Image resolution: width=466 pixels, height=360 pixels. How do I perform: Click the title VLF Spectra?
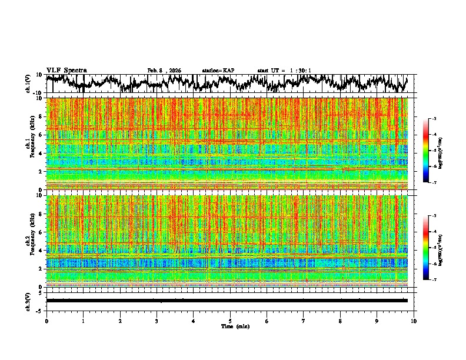pos(66,70)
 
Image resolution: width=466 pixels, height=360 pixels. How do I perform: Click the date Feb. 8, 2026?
pos(164,71)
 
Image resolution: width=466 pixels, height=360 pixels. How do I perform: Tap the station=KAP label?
pos(218,71)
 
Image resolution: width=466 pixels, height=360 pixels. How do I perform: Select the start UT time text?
pos(284,71)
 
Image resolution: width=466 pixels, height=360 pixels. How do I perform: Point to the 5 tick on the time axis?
pos(230,321)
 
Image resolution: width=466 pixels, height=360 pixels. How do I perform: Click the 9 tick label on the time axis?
pos(377,321)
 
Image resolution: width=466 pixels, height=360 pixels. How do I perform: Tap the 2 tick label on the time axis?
pos(120,321)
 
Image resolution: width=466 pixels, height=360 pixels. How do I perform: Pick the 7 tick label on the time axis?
pos(304,321)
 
